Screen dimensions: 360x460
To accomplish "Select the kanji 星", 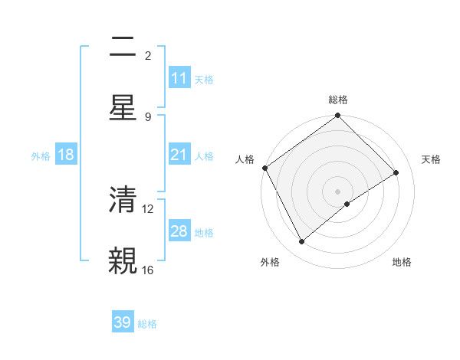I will tap(123, 109).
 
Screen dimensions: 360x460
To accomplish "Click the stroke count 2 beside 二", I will tap(148, 56).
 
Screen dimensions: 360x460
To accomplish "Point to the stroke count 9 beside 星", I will tap(148, 117).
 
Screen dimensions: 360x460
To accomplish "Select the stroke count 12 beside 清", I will tap(149, 208).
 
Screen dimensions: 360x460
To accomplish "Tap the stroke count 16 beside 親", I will tap(148, 270).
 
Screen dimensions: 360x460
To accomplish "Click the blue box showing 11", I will tap(179, 78).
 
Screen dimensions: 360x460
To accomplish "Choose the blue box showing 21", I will tap(179, 155).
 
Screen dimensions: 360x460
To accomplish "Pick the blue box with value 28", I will tap(179, 231).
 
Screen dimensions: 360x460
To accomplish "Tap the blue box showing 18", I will tap(66, 155).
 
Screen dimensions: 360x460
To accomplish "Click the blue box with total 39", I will tap(123, 322).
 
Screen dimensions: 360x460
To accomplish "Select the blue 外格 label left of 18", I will tap(41, 155).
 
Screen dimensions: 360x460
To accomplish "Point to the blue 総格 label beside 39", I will tap(147, 324).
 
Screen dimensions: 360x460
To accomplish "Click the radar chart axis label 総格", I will tap(338, 100).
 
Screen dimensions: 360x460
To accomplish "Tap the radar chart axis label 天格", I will tap(431, 159).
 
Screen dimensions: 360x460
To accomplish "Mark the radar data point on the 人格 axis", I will tap(264, 168).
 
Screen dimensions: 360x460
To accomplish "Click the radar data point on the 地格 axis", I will tap(347, 204).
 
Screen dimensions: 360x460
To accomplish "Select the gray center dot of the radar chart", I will tap(338, 191).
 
